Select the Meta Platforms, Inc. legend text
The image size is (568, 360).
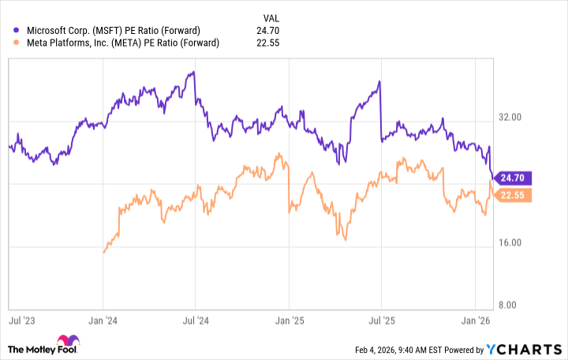point(121,43)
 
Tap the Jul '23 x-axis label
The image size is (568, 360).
point(22,321)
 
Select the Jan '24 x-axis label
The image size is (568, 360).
point(103,321)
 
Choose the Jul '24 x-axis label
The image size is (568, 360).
point(196,321)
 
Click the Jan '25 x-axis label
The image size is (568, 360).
point(289,321)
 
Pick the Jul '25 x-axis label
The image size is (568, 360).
point(381,321)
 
